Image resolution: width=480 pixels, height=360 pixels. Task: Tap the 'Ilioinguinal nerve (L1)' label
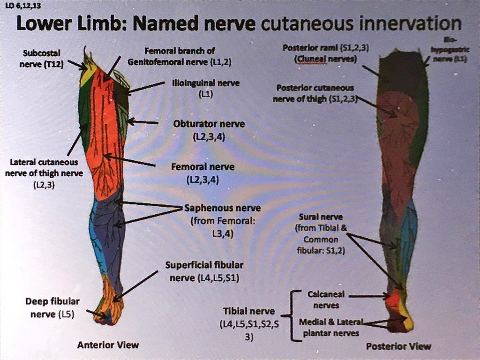point(206,88)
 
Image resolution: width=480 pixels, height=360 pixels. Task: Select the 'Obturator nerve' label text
point(209,124)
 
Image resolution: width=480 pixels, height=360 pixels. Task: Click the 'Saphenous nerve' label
point(223,208)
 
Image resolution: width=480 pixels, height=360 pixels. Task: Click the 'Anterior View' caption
point(108,345)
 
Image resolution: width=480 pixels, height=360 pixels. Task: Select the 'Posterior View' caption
point(398,346)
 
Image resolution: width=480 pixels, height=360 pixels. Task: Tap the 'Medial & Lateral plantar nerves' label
point(330,327)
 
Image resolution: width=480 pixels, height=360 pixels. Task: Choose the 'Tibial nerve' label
point(248,311)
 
